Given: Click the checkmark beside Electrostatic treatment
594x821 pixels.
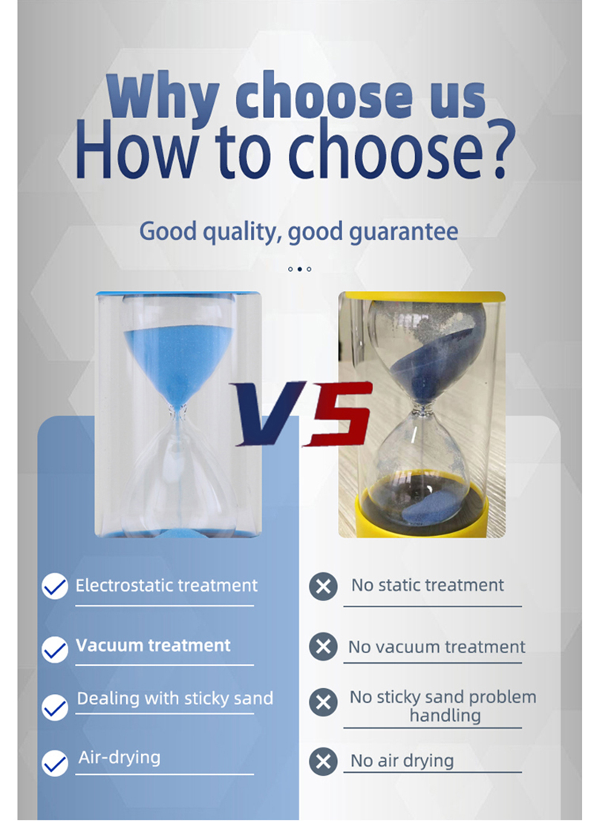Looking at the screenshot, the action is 54,586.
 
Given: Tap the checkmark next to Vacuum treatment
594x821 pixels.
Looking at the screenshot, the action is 54,650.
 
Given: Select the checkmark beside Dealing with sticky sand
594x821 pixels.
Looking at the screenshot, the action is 54,707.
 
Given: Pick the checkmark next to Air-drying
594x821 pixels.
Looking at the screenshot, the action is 54,763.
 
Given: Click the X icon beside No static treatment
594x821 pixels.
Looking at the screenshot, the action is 323,586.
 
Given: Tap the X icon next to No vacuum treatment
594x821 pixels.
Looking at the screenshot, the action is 323,647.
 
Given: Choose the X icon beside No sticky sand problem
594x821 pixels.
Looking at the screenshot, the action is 323,702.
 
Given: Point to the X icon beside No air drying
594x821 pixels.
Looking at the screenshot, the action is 323,762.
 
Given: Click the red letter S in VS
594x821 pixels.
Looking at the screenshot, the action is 339,413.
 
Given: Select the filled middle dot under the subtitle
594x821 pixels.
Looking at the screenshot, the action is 300,269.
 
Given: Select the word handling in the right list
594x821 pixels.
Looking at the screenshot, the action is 445,716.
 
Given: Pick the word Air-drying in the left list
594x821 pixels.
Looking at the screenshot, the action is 120,758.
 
